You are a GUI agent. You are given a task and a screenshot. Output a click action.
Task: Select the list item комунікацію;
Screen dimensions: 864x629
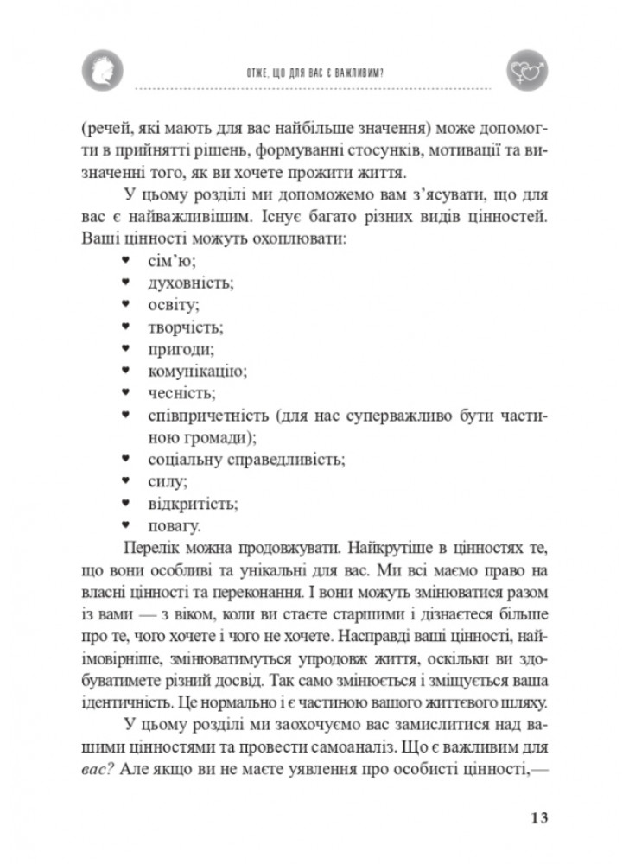197,372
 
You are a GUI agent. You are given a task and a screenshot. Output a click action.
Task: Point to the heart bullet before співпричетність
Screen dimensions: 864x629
126,416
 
